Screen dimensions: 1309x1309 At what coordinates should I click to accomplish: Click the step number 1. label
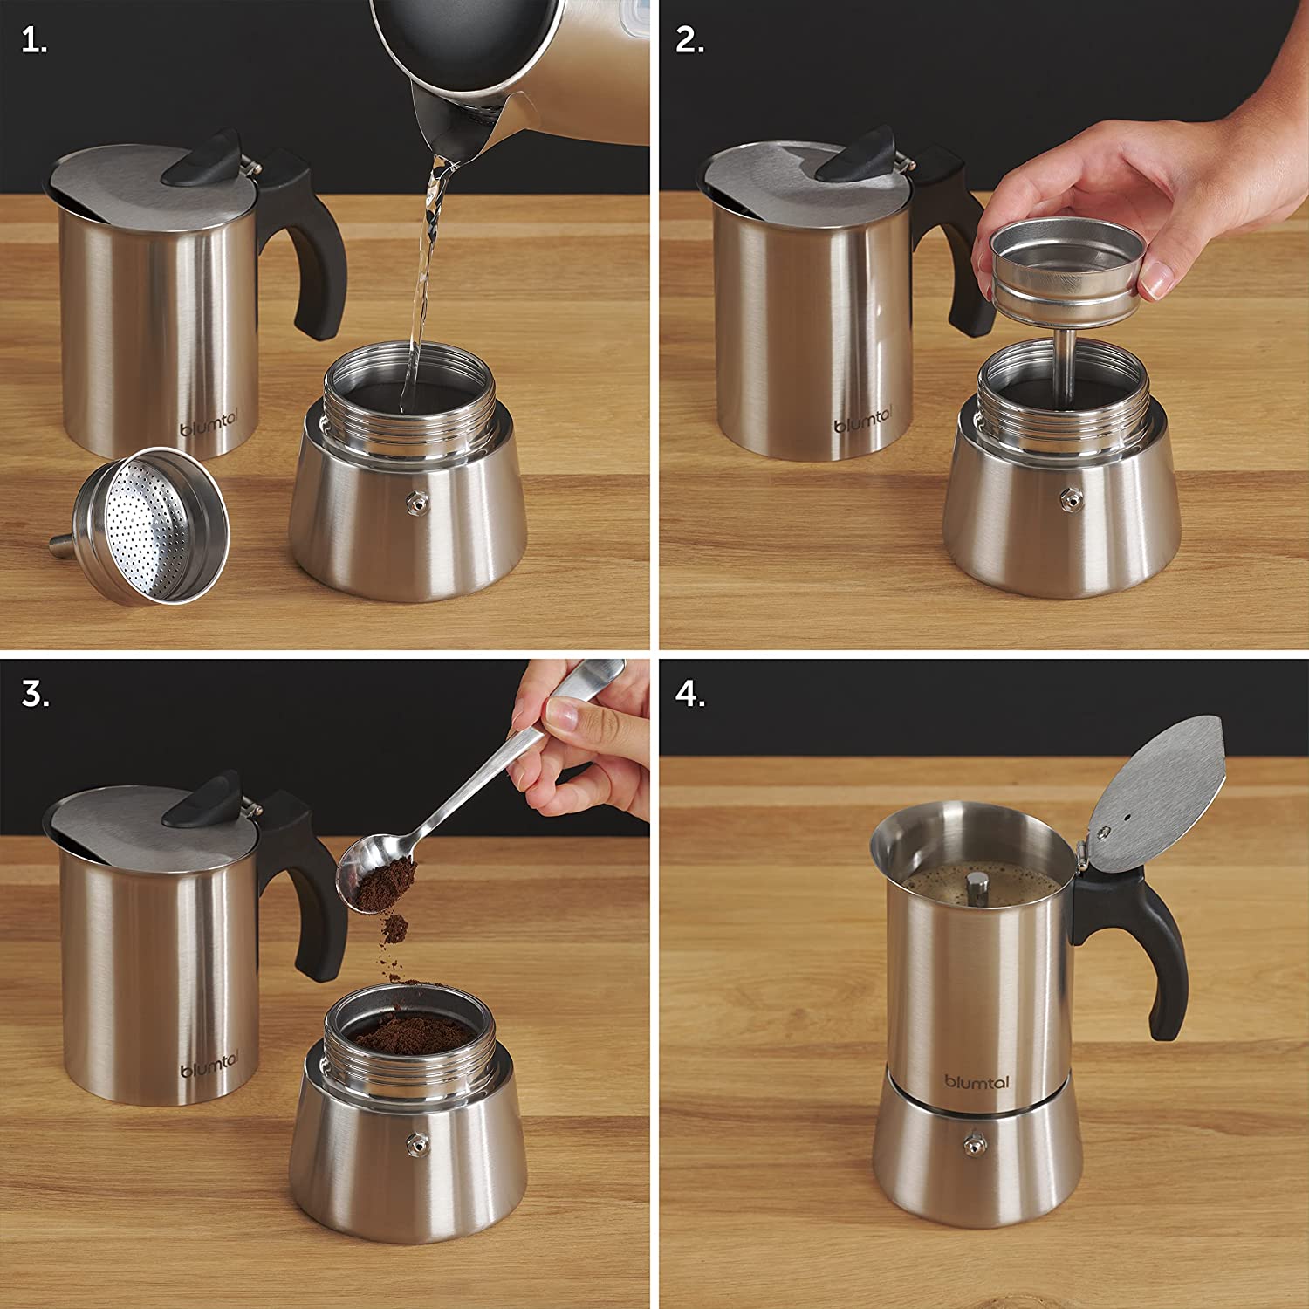click(x=34, y=42)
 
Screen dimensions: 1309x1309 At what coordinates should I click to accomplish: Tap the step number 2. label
click(x=689, y=42)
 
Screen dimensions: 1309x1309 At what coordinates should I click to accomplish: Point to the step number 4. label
click(x=690, y=695)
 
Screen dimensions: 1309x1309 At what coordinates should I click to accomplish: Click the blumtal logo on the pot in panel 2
click(x=860, y=426)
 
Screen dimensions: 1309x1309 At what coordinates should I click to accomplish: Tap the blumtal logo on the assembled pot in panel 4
click(x=977, y=1082)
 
